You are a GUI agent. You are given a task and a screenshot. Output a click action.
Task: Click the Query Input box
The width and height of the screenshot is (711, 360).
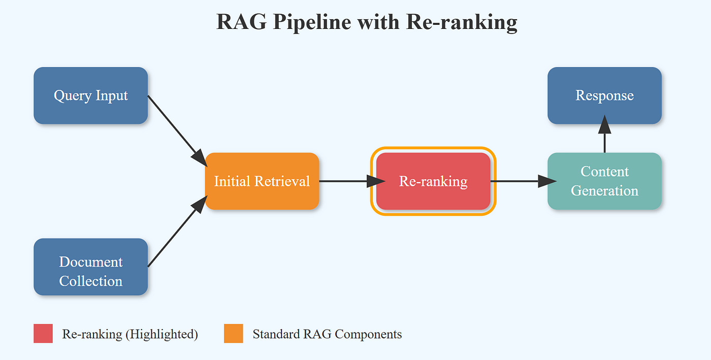click(x=90, y=95)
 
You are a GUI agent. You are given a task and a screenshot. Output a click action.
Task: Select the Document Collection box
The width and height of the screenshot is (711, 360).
click(x=90, y=267)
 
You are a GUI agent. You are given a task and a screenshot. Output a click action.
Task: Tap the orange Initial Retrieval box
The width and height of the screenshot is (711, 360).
click(x=262, y=181)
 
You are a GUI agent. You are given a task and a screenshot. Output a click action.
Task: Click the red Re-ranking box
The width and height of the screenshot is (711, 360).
click(x=433, y=181)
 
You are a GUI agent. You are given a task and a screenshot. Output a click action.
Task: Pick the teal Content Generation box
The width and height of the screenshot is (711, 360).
click(x=604, y=181)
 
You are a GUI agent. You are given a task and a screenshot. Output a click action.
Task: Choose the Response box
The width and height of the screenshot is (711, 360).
click(x=604, y=95)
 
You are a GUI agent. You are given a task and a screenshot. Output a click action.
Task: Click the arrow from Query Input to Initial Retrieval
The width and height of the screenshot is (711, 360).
click(x=175, y=129)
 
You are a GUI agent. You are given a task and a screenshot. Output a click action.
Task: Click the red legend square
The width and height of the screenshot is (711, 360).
click(x=43, y=334)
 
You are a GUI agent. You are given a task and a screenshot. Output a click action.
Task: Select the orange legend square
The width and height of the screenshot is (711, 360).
click(x=234, y=334)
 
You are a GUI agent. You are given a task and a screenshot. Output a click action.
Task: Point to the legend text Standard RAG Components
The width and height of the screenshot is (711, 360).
click(x=327, y=334)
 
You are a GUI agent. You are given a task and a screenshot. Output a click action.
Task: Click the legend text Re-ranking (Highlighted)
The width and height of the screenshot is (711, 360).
click(x=130, y=334)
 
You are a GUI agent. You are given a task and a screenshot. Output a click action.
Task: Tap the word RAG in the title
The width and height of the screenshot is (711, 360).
click(x=241, y=23)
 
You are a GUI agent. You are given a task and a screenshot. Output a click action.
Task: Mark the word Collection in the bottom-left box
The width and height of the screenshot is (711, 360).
click(x=90, y=281)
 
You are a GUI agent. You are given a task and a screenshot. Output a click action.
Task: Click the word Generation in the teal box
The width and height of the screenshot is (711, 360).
click(x=604, y=191)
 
